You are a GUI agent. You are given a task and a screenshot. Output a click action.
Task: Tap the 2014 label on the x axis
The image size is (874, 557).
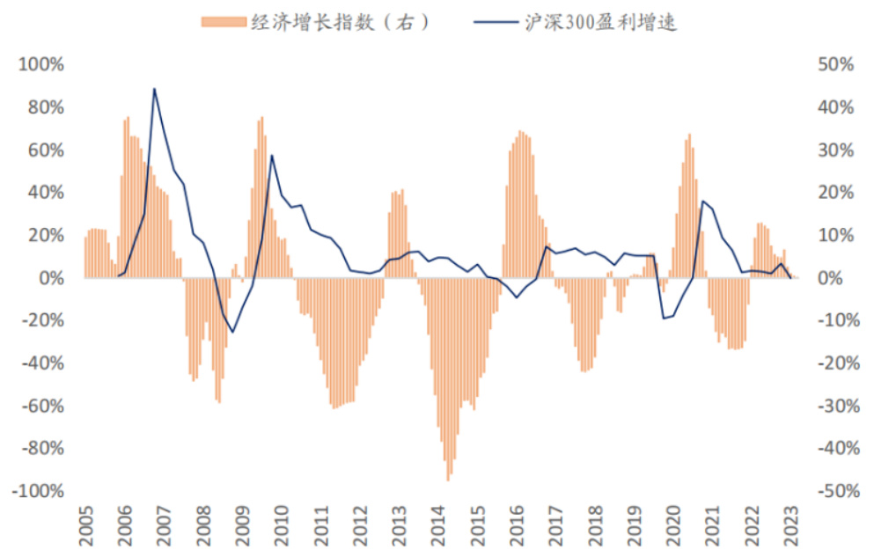pyautogui.click(x=438, y=526)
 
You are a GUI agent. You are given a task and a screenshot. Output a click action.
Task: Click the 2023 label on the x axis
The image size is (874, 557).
pyautogui.click(x=790, y=526)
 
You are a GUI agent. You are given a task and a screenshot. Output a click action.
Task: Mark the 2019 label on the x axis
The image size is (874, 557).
pyautogui.click(x=634, y=526)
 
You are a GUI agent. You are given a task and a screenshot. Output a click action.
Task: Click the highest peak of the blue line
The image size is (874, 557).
pyautogui.click(x=154, y=88)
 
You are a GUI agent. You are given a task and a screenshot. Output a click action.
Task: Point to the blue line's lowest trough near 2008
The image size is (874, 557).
pyautogui.click(x=232, y=332)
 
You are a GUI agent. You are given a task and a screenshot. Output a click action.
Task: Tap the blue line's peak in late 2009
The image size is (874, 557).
pyautogui.click(x=272, y=156)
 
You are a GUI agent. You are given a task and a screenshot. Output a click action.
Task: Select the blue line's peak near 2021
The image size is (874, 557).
pyautogui.click(x=702, y=202)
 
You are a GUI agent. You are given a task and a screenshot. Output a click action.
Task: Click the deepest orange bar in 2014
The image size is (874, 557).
pyautogui.click(x=448, y=480)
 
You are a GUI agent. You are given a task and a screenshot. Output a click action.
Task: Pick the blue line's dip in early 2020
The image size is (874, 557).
pyautogui.click(x=664, y=318)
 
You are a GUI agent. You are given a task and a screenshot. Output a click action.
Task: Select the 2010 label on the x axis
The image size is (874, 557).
pyautogui.click(x=282, y=526)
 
